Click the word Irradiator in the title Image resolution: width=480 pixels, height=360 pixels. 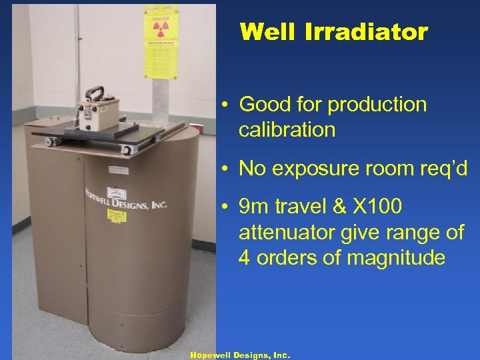[x=373, y=31]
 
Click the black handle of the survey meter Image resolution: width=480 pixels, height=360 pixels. [x=97, y=94]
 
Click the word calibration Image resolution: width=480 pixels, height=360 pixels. [x=287, y=129]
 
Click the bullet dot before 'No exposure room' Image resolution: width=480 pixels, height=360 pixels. [x=227, y=169]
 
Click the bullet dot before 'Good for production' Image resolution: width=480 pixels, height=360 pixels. [x=227, y=105]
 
